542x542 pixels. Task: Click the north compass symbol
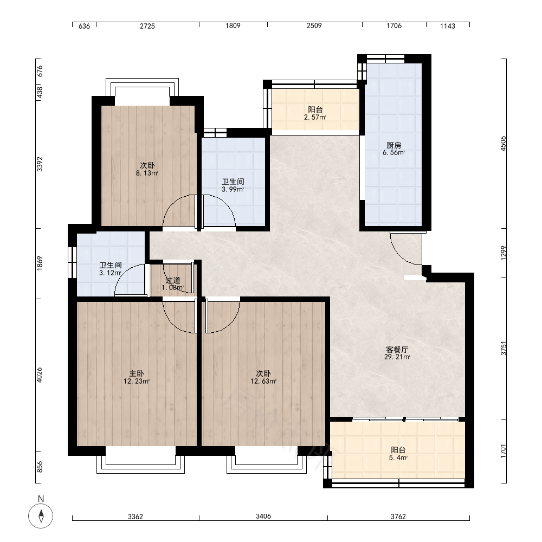pos(41,516)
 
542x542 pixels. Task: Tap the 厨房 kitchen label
pos(393,149)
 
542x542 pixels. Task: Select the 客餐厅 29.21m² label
pos(397,353)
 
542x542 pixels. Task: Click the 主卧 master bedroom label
pos(137,377)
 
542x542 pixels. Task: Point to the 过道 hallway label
pos(173,283)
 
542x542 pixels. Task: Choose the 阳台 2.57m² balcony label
pos(315,113)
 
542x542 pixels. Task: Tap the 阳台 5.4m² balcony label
pos(398,454)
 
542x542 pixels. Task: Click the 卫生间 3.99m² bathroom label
pos(233,185)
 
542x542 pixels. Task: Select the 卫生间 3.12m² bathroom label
pos(110,269)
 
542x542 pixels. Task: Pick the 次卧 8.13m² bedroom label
pos(147,169)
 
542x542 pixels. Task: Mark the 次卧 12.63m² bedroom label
pos(263,377)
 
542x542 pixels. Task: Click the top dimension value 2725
pos(147,26)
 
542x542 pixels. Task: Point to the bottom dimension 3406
pos(263,517)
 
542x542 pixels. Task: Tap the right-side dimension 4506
pos(504,144)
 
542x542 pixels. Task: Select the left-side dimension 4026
pos(40,375)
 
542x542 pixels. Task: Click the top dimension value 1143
pos(448,26)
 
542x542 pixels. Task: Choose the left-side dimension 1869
pos(40,263)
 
